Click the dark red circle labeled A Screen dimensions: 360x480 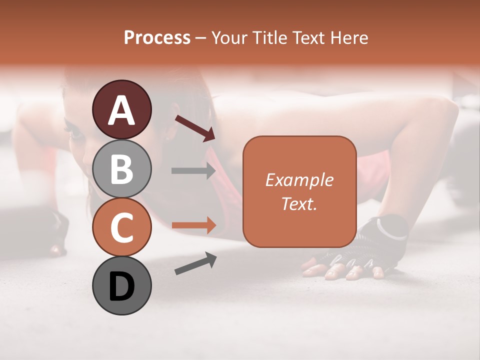(x=121, y=109)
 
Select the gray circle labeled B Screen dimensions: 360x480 (x=121, y=168)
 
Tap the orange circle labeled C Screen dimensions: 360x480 (x=121, y=227)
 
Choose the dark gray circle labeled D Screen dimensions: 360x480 (x=121, y=285)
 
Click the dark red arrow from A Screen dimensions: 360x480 (x=195, y=127)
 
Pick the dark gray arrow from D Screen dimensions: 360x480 (x=195, y=263)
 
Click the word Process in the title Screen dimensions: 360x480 (x=157, y=38)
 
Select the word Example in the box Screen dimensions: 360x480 (x=299, y=180)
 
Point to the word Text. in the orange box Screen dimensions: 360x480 (x=299, y=203)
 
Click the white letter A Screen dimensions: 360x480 (x=121, y=110)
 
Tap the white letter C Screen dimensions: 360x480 (x=121, y=227)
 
